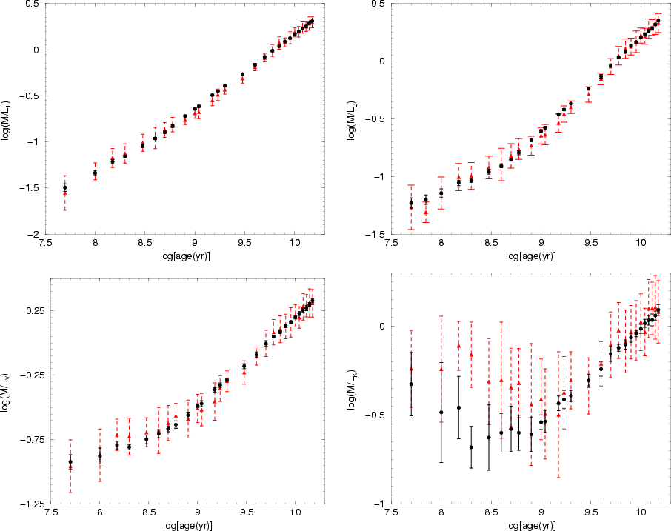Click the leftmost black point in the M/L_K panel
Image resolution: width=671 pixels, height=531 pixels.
click(411, 384)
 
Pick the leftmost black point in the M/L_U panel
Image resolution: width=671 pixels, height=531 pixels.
click(65, 187)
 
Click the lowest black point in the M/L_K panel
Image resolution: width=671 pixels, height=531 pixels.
click(471, 447)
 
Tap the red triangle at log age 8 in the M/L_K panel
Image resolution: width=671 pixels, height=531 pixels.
click(441, 369)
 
